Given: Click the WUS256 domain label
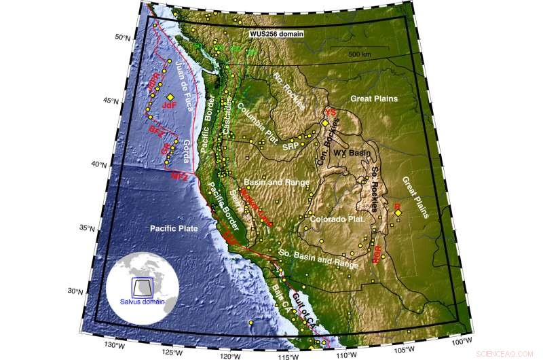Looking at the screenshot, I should [x=275, y=33].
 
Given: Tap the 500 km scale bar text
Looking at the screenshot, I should [x=360, y=53].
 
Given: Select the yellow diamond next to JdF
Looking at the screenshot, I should [x=170, y=98].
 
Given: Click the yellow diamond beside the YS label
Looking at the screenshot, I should [x=325, y=123].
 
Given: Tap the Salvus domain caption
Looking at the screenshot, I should [x=141, y=301].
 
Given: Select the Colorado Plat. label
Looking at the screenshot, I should [x=337, y=219].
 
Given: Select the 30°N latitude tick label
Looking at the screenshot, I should [x=94, y=291].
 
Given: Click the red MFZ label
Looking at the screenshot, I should [x=178, y=176].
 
